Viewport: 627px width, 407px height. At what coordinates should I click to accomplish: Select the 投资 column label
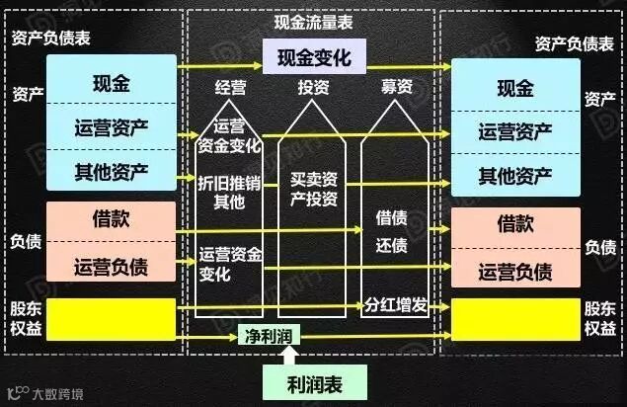tap(313, 87)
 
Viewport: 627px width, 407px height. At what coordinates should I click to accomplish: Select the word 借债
tap(392, 217)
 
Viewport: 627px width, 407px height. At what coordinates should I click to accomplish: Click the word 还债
tap(392, 245)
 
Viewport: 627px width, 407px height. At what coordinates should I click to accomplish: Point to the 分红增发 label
tap(395, 304)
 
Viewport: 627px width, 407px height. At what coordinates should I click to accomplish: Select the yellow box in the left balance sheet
tap(111, 318)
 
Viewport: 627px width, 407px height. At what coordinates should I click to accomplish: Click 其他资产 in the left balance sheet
tap(111, 171)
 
